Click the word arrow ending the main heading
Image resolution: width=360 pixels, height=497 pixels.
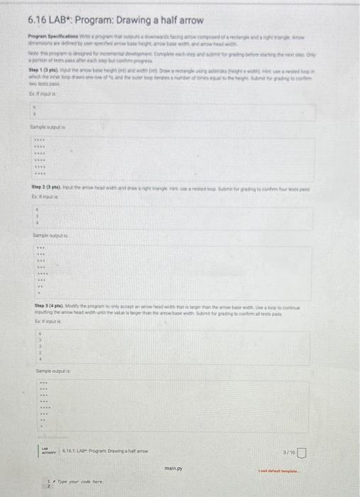(x=188, y=20)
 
